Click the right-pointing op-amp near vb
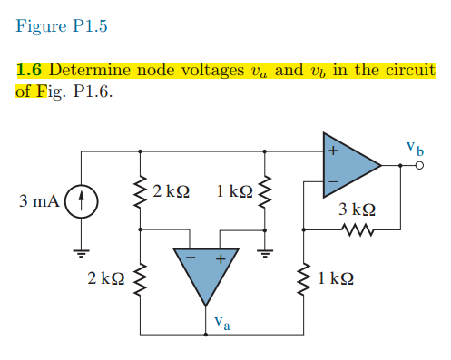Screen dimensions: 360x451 pyautogui.click(x=350, y=165)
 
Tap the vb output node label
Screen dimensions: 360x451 pyautogui.click(x=414, y=146)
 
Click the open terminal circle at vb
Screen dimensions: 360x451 pyautogui.click(x=418, y=166)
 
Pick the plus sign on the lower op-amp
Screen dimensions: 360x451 pyautogui.click(x=219, y=259)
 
